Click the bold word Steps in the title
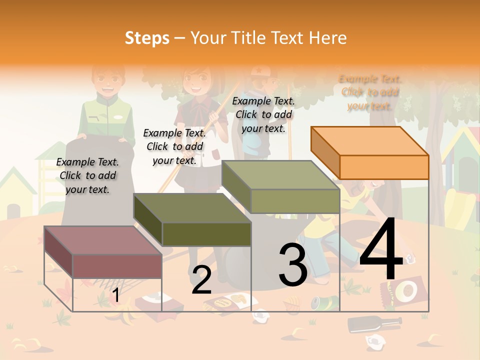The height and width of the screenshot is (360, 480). [x=147, y=38]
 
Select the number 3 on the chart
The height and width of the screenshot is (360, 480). [x=293, y=264]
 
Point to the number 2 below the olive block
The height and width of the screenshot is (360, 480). [x=201, y=280]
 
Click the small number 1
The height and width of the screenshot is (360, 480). [x=115, y=295]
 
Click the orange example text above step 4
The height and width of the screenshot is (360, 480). [x=370, y=92]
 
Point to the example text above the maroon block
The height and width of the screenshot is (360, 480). [x=87, y=175]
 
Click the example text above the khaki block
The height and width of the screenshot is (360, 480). [x=263, y=114]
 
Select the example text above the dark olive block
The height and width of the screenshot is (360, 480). [x=174, y=146]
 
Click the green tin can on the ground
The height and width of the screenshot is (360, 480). [x=316, y=302]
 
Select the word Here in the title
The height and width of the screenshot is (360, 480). [x=327, y=38]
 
